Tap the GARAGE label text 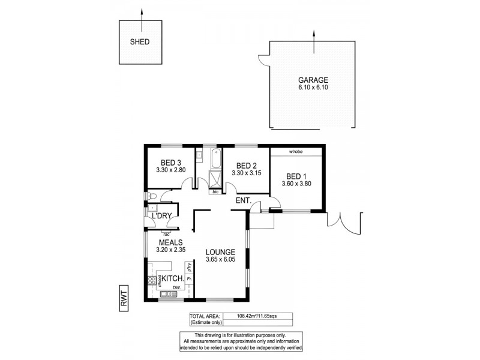(x=314, y=80)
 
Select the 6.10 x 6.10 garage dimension (x=314, y=88)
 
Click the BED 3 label (x=171, y=163)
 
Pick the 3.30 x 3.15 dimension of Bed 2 (x=247, y=173)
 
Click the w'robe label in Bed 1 (x=295, y=152)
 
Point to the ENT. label (x=243, y=200)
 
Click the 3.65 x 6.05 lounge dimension (x=220, y=260)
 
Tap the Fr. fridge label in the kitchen (x=189, y=280)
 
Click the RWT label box (x=124, y=298)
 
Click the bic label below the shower (x=215, y=192)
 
